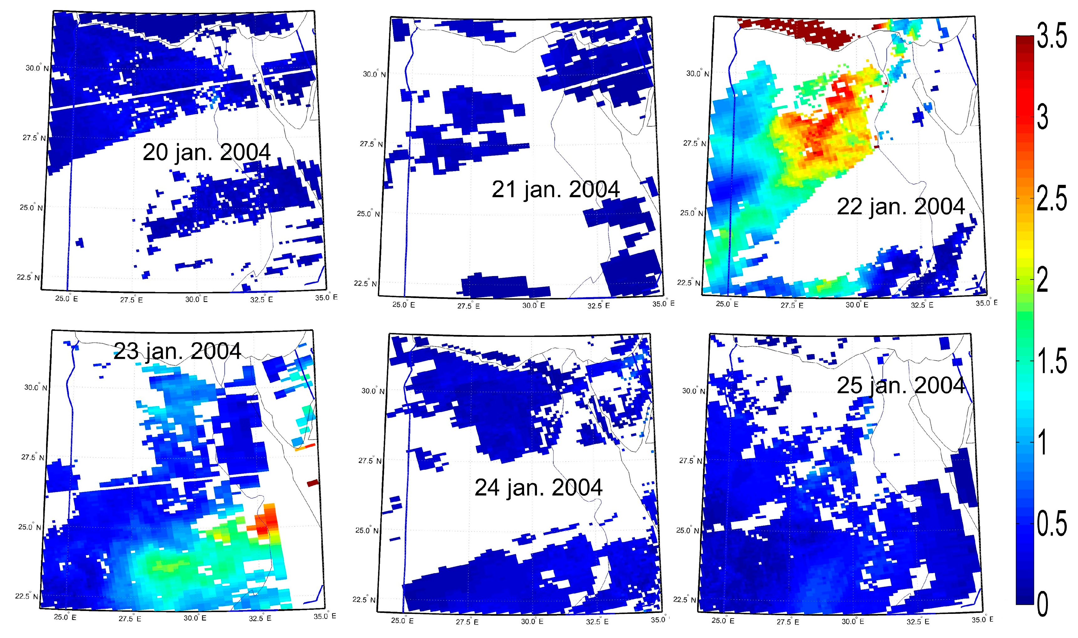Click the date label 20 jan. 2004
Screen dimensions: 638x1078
(x=206, y=152)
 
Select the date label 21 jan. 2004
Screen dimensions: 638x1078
(x=555, y=189)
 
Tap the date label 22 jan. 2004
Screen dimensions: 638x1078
(x=901, y=207)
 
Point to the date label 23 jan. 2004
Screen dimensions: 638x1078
(x=177, y=351)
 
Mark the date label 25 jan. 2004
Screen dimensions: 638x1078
(x=901, y=385)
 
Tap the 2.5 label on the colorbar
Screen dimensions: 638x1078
(x=1051, y=199)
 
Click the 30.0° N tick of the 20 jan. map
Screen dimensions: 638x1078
(x=37, y=68)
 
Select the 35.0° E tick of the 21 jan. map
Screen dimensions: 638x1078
(x=663, y=304)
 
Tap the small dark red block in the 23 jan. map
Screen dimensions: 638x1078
(x=313, y=483)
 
